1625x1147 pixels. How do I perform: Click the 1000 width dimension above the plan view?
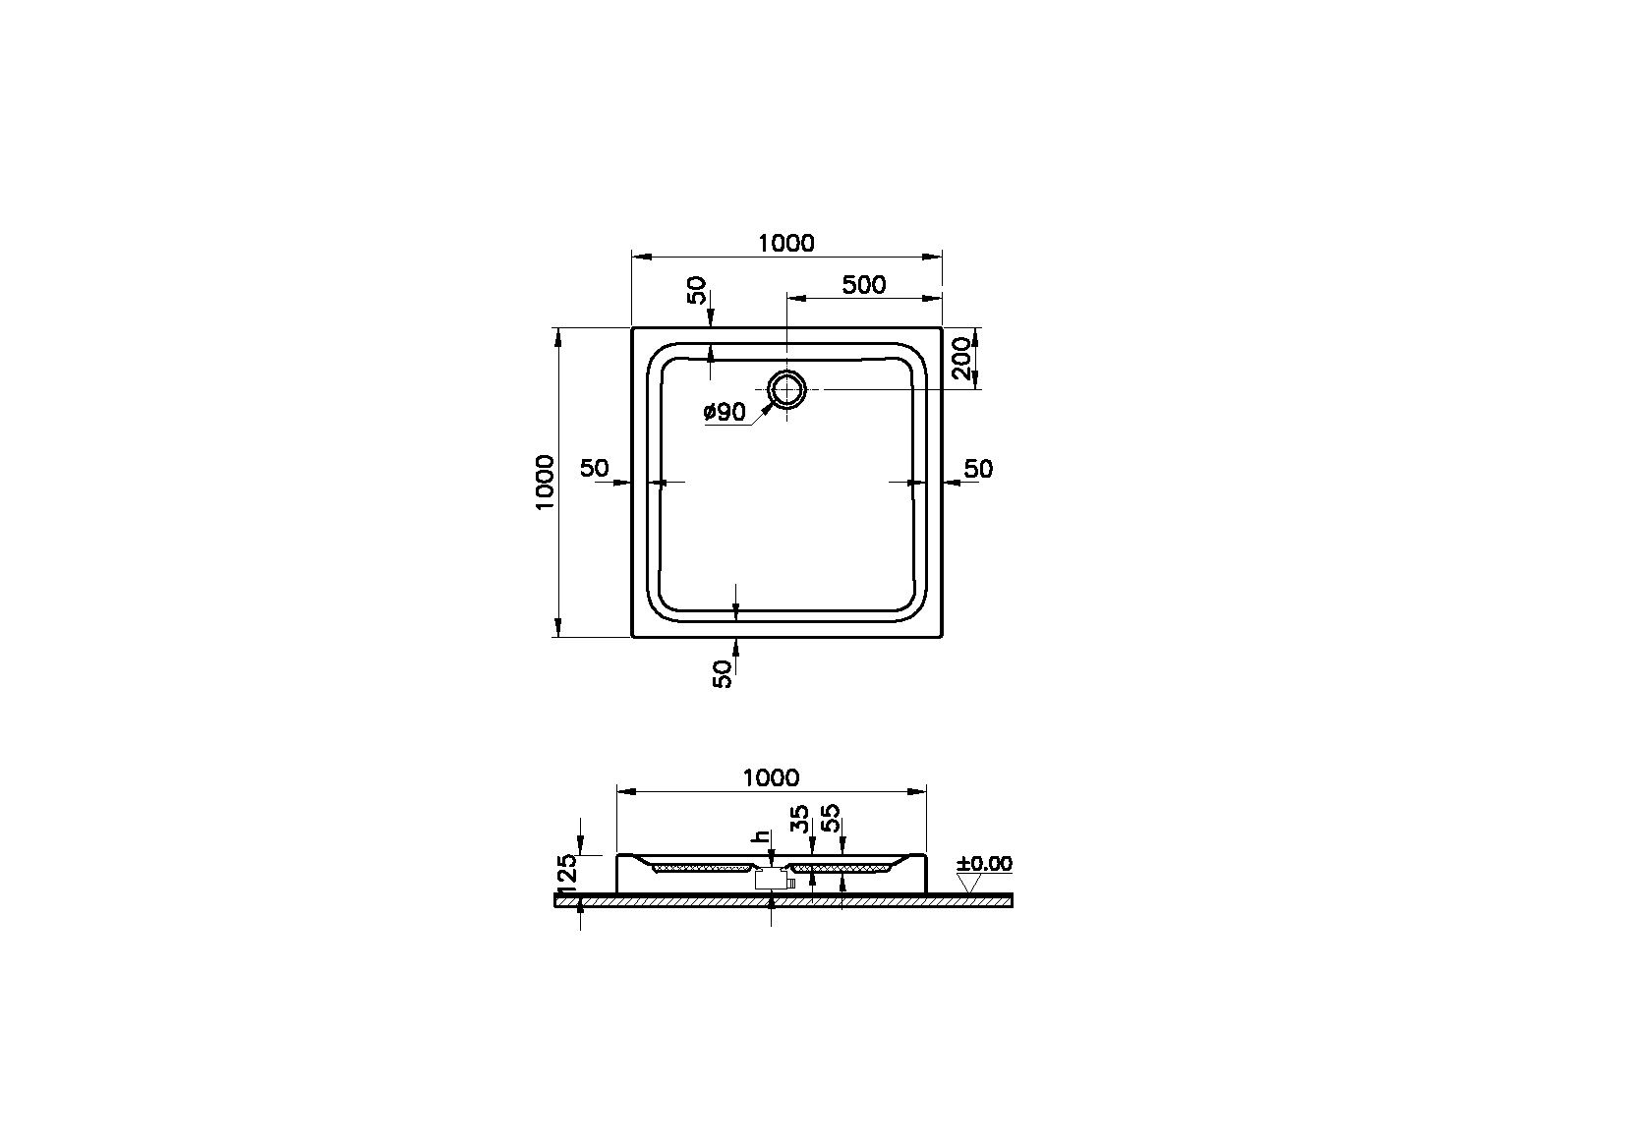pyautogui.click(x=786, y=243)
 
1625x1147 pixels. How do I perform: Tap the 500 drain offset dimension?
pyautogui.click(x=864, y=285)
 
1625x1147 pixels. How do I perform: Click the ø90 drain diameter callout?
pyautogui.click(x=725, y=413)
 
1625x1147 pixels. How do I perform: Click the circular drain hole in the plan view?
pyautogui.click(x=786, y=389)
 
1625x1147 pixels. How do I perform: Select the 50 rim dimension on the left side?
pyautogui.click(x=594, y=469)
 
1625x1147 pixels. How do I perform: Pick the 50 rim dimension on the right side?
pyautogui.click(x=978, y=469)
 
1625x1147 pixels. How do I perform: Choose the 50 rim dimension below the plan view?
pyautogui.click(x=723, y=673)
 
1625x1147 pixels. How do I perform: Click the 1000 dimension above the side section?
pyautogui.click(x=771, y=777)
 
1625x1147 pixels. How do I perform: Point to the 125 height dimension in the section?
pyautogui.click(x=566, y=873)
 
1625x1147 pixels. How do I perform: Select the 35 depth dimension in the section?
pyautogui.click(x=801, y=819)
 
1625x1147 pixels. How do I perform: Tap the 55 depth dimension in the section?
pyautogui.click(x=832, y=819)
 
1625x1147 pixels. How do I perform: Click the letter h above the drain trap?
pyautogui.click(x=759, y=837)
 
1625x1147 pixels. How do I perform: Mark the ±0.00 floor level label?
pyautogui.click(x=984, y=864)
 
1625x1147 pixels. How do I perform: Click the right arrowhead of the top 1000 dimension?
pyautogui.click(x=935, y=257)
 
